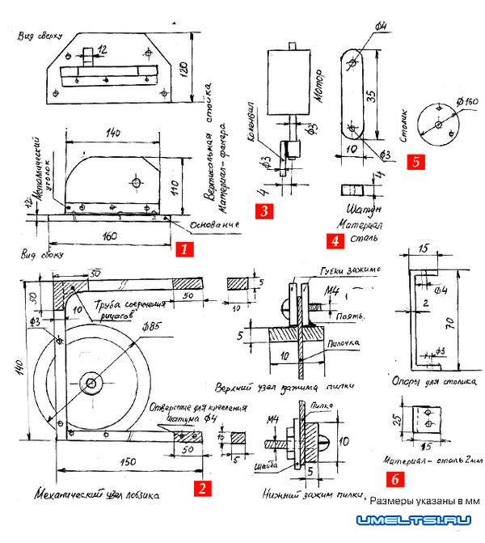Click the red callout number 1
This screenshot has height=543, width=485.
184,248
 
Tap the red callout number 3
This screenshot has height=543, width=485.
264,211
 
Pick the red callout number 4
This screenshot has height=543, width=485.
335,240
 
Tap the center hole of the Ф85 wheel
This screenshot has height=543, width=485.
92,381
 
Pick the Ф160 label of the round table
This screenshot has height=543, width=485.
468,101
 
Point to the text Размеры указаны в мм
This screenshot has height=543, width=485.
425,501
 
